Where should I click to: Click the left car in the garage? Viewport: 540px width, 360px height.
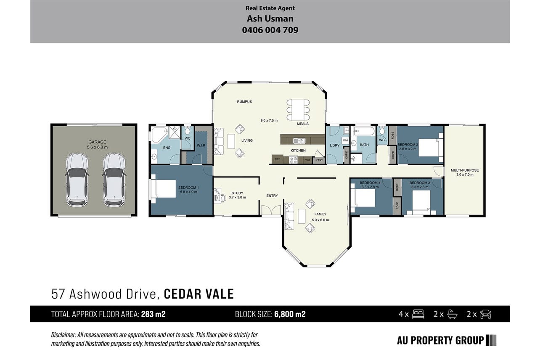click(77, 180)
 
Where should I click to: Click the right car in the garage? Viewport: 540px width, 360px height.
click(114, 180)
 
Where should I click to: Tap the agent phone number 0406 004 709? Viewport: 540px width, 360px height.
click(270, 30)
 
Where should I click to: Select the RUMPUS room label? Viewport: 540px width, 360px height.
click(244, 102)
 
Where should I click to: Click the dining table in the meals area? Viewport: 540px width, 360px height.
click(298, 110)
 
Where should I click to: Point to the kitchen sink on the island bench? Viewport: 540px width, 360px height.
click(299, 140)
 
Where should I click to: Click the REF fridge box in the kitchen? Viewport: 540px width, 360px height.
click(277, 159)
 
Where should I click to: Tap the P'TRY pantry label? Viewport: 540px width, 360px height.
click(319, 160)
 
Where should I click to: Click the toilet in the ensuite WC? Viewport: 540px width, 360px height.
click(188, 130)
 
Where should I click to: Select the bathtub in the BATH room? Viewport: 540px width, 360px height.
click(364, 131)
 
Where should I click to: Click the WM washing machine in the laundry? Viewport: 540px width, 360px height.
click(345, 140)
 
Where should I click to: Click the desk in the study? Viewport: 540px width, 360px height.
click(217, 195)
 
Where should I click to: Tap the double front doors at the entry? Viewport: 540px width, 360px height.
click(271, 210)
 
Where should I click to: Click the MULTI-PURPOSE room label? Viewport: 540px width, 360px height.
click(465, 170)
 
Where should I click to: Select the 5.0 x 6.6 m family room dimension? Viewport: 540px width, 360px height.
click(320, 220)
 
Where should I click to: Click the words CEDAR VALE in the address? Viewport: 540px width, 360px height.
click(199, 294)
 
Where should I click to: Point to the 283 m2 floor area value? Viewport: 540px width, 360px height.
click(154, 314)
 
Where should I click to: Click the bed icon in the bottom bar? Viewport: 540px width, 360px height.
click(418, 314)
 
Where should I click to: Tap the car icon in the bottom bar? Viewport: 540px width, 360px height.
click(485, 314)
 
